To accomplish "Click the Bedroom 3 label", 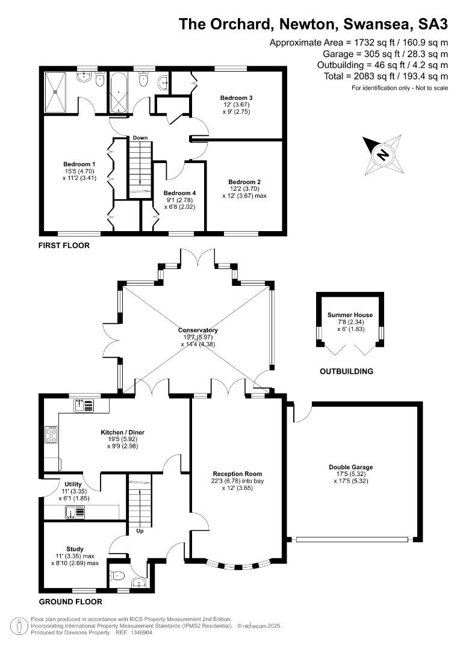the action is (x=236, y=98).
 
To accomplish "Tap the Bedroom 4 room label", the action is (x=179, y=193).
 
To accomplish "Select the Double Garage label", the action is (x=350, y=467).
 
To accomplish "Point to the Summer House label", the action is (x=350, y=315).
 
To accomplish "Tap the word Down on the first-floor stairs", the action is (x=140, y=138).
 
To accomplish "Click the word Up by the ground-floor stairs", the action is (x=140, y=531).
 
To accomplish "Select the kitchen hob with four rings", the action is (x=51, y=435).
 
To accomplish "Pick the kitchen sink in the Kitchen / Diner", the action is (x=84, y=405).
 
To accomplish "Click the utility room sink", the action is (x=75, y=513).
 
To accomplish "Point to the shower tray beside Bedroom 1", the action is (x=55, y=92).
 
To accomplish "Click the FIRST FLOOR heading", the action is (x=64, y=246).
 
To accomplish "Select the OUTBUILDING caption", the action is (x=346, y=371).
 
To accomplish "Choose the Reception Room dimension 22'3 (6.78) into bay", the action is (x=237, y=481).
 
